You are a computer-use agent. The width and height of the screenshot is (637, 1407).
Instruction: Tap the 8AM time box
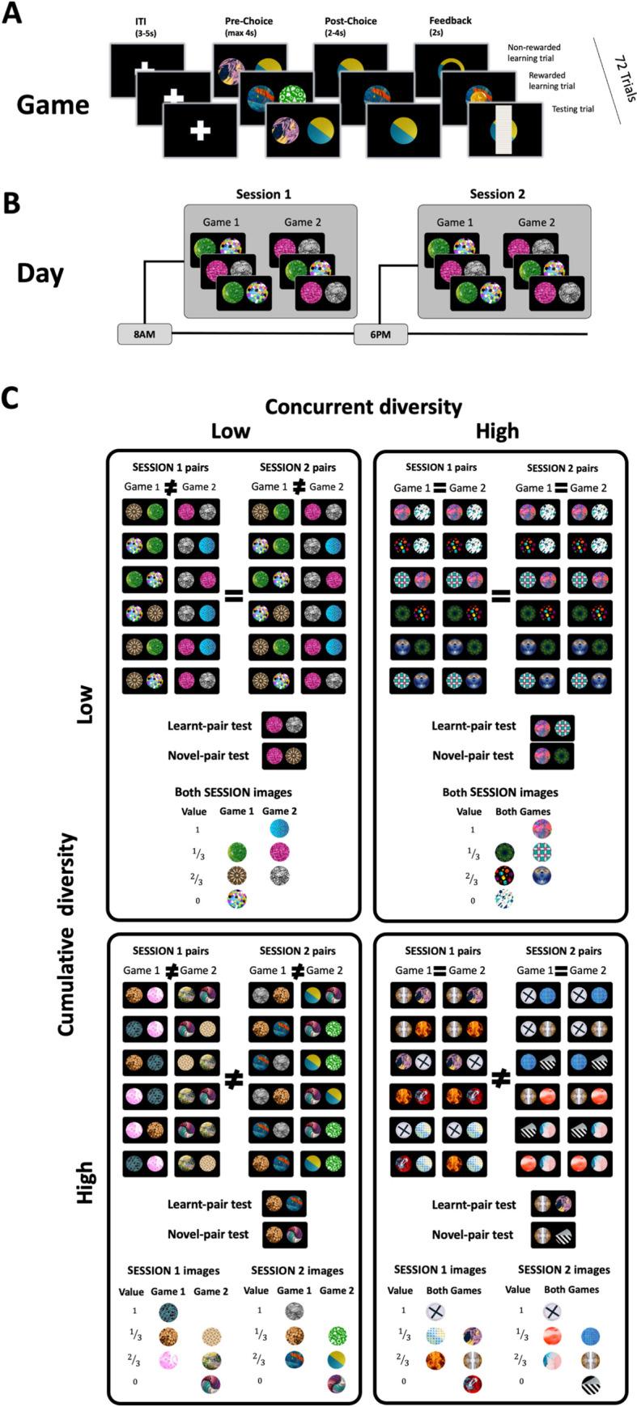[145, 333]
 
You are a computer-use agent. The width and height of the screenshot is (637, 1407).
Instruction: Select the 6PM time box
[380, 333]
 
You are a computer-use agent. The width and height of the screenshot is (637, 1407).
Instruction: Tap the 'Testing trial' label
[572, 109]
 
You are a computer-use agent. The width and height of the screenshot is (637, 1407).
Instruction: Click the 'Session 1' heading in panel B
[263, 194]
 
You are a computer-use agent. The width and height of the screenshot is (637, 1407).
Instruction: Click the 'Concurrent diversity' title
[363, 406]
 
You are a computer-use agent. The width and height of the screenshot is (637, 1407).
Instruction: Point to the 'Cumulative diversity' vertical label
[66, 922]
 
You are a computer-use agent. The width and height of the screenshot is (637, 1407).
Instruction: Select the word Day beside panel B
[40, 273]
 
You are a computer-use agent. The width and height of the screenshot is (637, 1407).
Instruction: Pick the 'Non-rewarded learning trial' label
[533, 53]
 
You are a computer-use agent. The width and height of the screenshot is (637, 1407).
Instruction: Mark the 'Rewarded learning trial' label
[552, 81]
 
